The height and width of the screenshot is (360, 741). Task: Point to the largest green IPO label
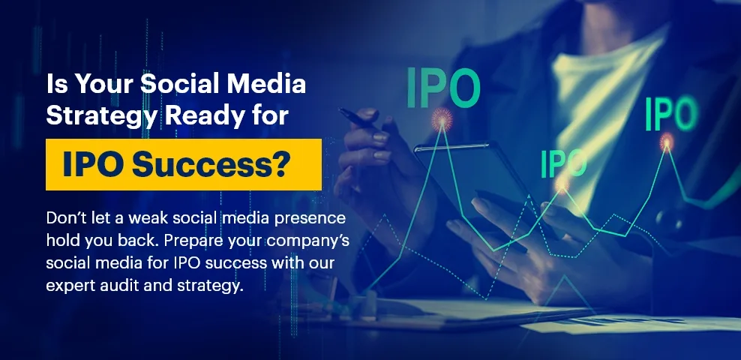pyautogui.click(x=443, y=88)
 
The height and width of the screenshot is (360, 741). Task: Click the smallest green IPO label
pyautogui.click(x=564, y=163)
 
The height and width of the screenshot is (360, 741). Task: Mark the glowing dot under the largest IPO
pyautogui.click(x=442, y=119)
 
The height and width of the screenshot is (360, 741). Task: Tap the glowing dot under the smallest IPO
pyautogui.click(x=562, y=183)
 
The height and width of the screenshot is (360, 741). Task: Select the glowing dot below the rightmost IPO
pyautogui.click(x=667, y=141)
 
